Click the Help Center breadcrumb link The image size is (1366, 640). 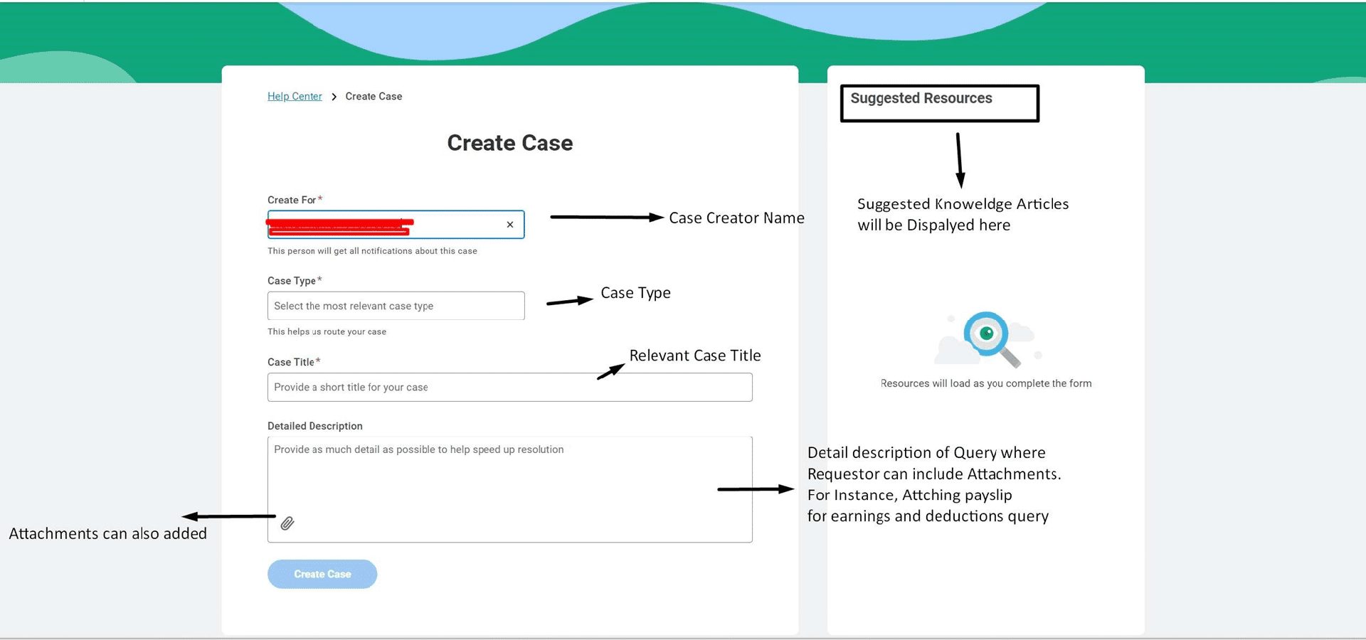[295, 97]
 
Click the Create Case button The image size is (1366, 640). [322, 574]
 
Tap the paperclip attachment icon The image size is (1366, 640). [287, 523]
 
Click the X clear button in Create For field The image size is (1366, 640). [510, 225]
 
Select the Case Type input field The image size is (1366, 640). [396, 306]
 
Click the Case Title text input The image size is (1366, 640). [509, 388]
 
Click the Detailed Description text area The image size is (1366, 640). [509, 484]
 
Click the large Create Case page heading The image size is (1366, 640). [509, 143]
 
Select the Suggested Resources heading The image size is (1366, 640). [921, 98]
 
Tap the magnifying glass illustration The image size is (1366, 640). [989, 337]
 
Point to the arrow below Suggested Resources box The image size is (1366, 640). [960, 160]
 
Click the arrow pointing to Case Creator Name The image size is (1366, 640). [606, 217]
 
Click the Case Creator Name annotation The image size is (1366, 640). [736, 218]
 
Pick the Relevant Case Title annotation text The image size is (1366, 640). [694, 356]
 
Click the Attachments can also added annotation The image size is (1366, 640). [107, 534]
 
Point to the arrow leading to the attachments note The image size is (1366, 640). [228, 516]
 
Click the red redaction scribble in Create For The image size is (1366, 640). [339, 226]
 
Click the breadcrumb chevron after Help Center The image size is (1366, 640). [334, 97]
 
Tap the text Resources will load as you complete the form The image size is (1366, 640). [985, 384]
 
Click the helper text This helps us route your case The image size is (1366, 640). [327, 332]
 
